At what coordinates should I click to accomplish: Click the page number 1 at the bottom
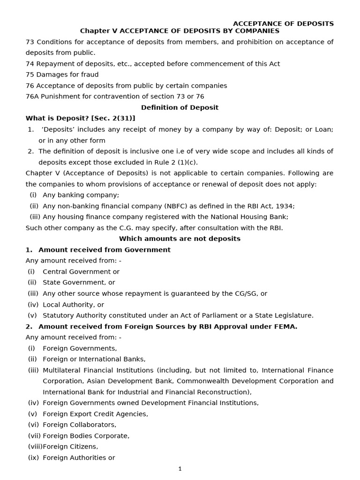click(180, 468)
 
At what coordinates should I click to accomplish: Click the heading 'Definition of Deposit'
click(180, 107)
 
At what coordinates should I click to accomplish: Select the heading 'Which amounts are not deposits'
click(180, 239)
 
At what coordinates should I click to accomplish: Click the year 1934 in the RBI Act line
click(285, 206)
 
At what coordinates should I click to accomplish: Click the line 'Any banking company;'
click(81, 195)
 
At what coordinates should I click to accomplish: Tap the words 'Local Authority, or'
click(73, 304)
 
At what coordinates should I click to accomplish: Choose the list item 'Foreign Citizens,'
click(70, 447)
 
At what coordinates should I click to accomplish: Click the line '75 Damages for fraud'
click(62, 75)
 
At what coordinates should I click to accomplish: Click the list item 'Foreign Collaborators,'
click(79, 425)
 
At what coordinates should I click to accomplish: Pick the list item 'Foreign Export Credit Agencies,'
click(95, 414)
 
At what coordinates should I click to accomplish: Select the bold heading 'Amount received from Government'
click(104, 250)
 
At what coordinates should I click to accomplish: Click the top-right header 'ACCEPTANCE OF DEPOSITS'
click(283, 23)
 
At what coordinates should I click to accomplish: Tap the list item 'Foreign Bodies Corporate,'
click(86, 435)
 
